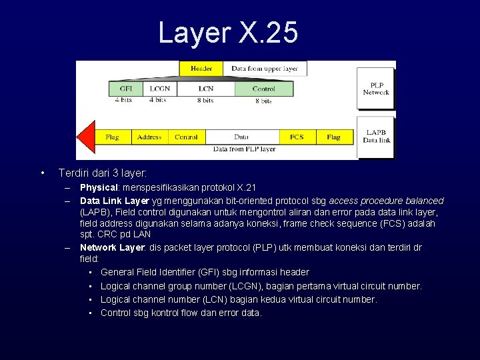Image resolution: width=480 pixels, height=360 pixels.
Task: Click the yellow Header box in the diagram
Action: coord(201,69)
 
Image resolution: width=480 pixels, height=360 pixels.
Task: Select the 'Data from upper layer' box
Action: coord(265,69)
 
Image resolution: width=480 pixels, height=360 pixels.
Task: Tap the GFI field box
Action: coord(125,89)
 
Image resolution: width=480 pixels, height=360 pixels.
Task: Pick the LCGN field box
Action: coord(159,89)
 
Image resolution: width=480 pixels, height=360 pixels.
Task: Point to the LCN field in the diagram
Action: coord(205,89)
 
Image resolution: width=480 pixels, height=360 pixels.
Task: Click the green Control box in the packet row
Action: coord(264,89)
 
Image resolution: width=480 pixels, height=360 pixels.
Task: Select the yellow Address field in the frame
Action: coord(149,137)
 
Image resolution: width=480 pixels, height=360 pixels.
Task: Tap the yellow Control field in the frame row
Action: coord(186,137)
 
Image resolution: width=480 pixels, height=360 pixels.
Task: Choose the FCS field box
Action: coord(297,137)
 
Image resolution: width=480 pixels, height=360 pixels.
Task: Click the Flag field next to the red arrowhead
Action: coord(112,137)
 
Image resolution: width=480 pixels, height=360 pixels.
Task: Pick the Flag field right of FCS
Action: coord(333,137)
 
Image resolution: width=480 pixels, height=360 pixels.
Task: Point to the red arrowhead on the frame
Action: coord(86,137)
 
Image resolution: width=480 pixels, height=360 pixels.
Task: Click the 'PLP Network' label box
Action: coord(375,88)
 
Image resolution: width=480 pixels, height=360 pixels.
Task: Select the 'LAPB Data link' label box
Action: coord(375,136)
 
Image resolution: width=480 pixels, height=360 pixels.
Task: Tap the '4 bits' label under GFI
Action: coord(123,100)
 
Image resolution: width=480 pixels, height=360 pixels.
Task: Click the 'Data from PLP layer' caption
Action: coord(244,149)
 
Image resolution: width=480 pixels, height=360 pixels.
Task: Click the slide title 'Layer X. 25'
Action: coord(228,32)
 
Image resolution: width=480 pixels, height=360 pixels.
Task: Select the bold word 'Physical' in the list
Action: coord(99,187)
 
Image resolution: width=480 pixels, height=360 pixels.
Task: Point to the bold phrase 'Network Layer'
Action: coord(111,247)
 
